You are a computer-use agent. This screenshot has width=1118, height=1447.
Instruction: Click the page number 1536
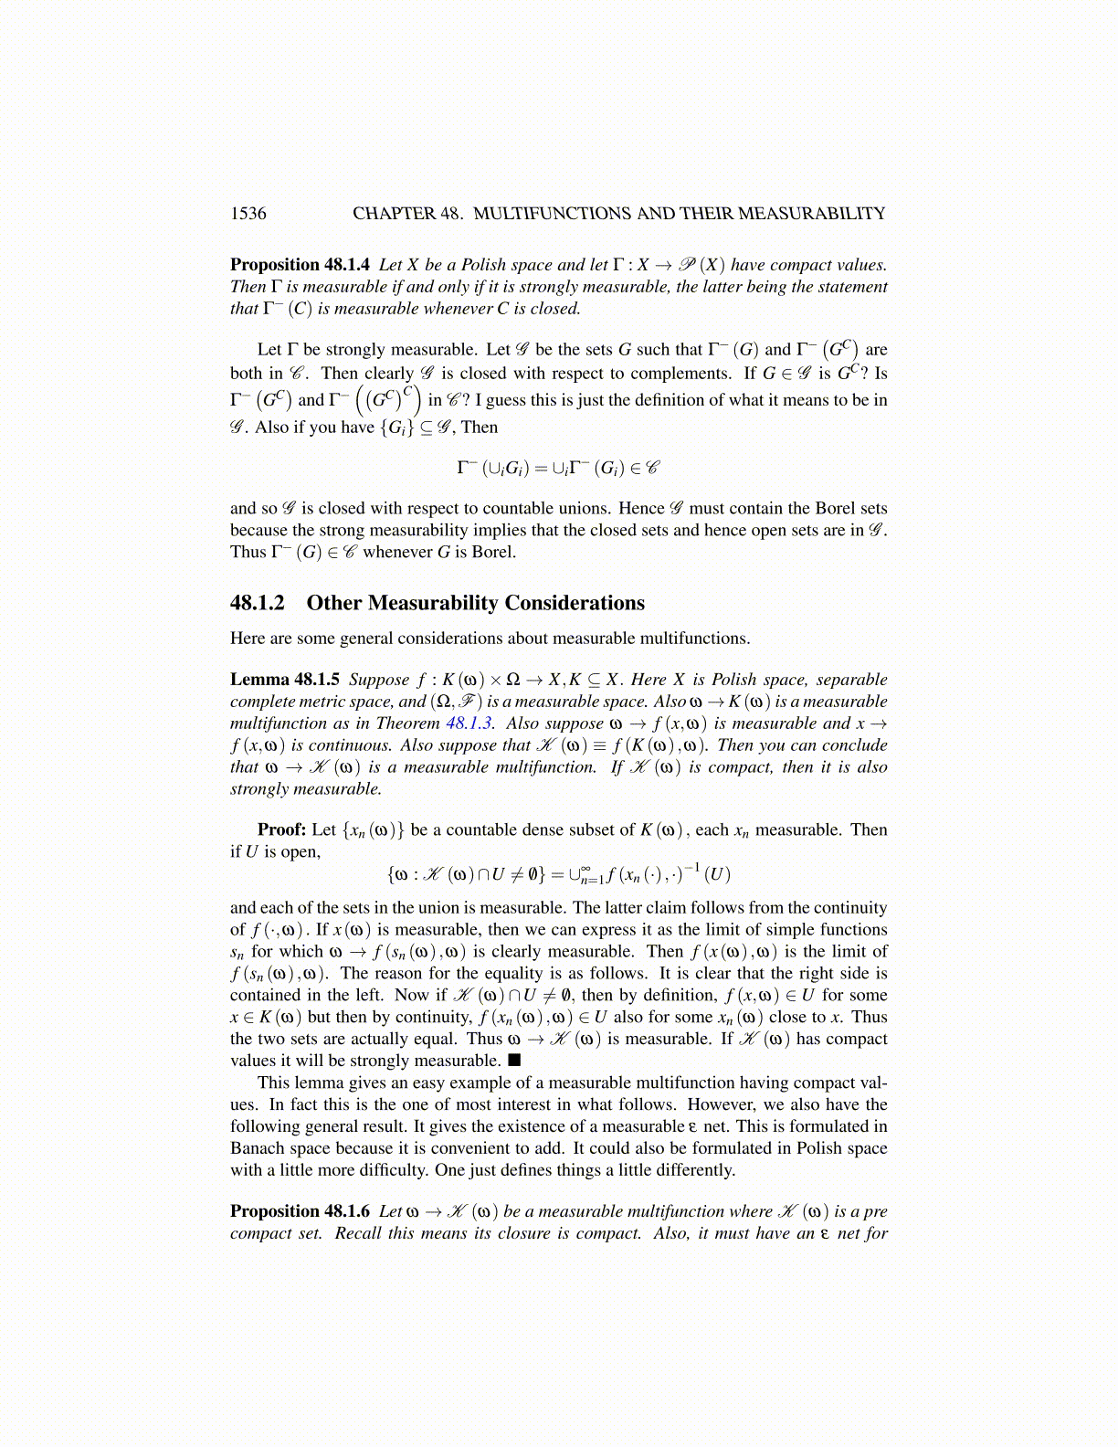click(248, 214)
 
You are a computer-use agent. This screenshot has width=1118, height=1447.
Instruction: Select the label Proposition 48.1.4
click(300, 265)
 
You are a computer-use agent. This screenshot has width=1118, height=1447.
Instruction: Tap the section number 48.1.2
click(258, 603)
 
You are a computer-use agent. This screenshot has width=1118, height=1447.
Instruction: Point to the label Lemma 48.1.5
click(285, 680)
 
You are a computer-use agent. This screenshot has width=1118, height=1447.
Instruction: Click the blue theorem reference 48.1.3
click(469, 723)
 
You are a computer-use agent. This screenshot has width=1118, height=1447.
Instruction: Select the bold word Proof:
click(281, 829)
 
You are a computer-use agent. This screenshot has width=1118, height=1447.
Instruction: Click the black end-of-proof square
click(514, 1061)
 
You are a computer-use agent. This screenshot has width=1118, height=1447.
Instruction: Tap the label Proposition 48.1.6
click(300, 1211)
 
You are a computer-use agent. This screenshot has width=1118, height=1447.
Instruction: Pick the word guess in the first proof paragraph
click(510, 400)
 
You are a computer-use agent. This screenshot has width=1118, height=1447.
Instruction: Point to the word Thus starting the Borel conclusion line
click(248, 552)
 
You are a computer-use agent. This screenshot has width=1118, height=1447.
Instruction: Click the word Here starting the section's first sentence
click(248, 639)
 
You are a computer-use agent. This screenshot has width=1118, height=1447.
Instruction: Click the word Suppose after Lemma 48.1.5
click(379, 680)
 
